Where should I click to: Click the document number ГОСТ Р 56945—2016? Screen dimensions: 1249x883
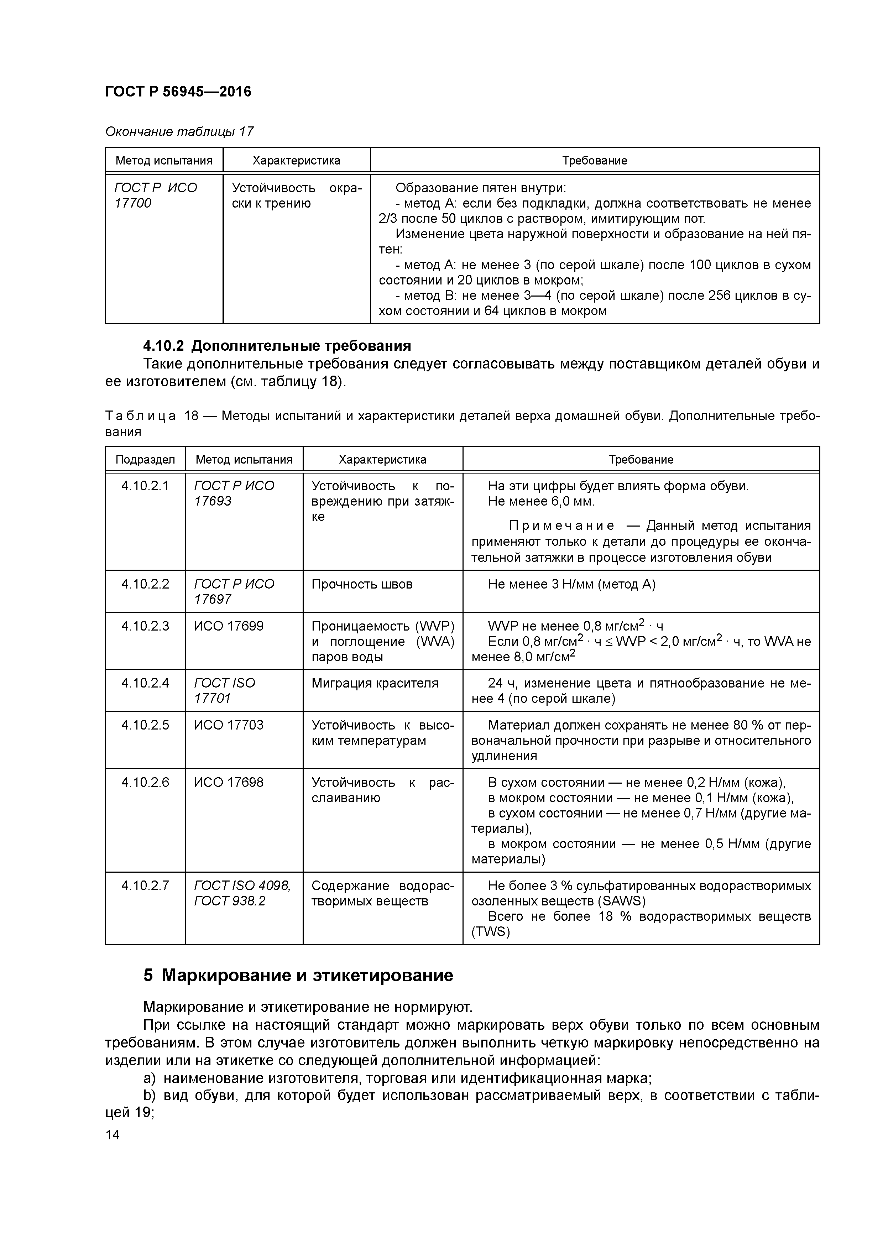click(x=178, y=92)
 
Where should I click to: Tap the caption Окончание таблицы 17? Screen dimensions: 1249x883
click(x=179, y=132)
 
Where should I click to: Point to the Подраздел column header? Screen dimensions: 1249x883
click(x=145, y=460)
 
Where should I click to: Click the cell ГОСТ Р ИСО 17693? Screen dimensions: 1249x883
click(x=234, y=493)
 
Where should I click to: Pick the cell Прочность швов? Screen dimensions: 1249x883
click(x=362, y=584)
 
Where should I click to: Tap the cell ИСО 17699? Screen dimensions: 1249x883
click(x=229, y=626)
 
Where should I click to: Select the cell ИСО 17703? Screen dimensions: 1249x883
click(x=229, y=725)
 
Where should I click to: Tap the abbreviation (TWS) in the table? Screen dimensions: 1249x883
click(x=491, y=932)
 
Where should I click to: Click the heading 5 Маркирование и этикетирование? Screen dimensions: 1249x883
click(x=298, y=975)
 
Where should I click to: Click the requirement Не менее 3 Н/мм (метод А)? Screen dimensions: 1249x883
click(x=571, y=584)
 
